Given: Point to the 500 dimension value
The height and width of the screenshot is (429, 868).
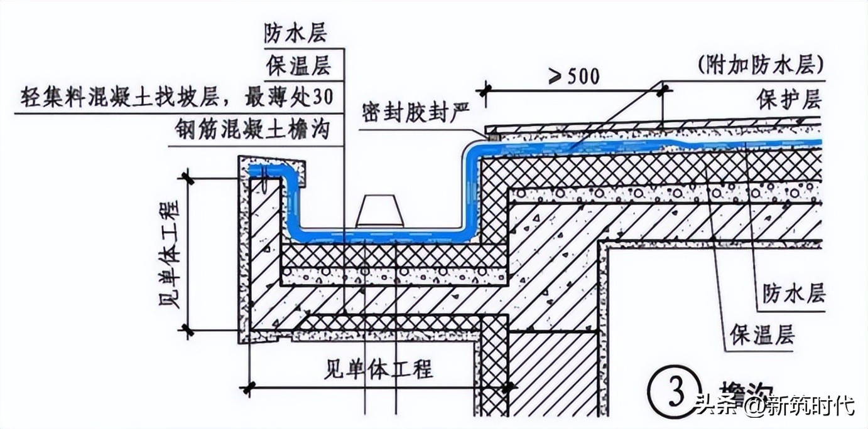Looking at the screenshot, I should click(x=582, y=77).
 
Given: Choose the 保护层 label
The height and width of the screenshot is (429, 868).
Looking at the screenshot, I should click(x=789, y=100).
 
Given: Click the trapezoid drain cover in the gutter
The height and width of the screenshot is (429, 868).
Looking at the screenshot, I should click(x=380, y=211).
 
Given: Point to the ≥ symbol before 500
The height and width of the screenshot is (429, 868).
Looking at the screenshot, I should click(x=556, y=77).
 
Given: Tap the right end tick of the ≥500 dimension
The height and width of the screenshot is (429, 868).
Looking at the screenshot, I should click(x=663, y=91).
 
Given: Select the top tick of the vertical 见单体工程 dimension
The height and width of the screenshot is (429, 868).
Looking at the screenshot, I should click(x=187, y=177).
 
